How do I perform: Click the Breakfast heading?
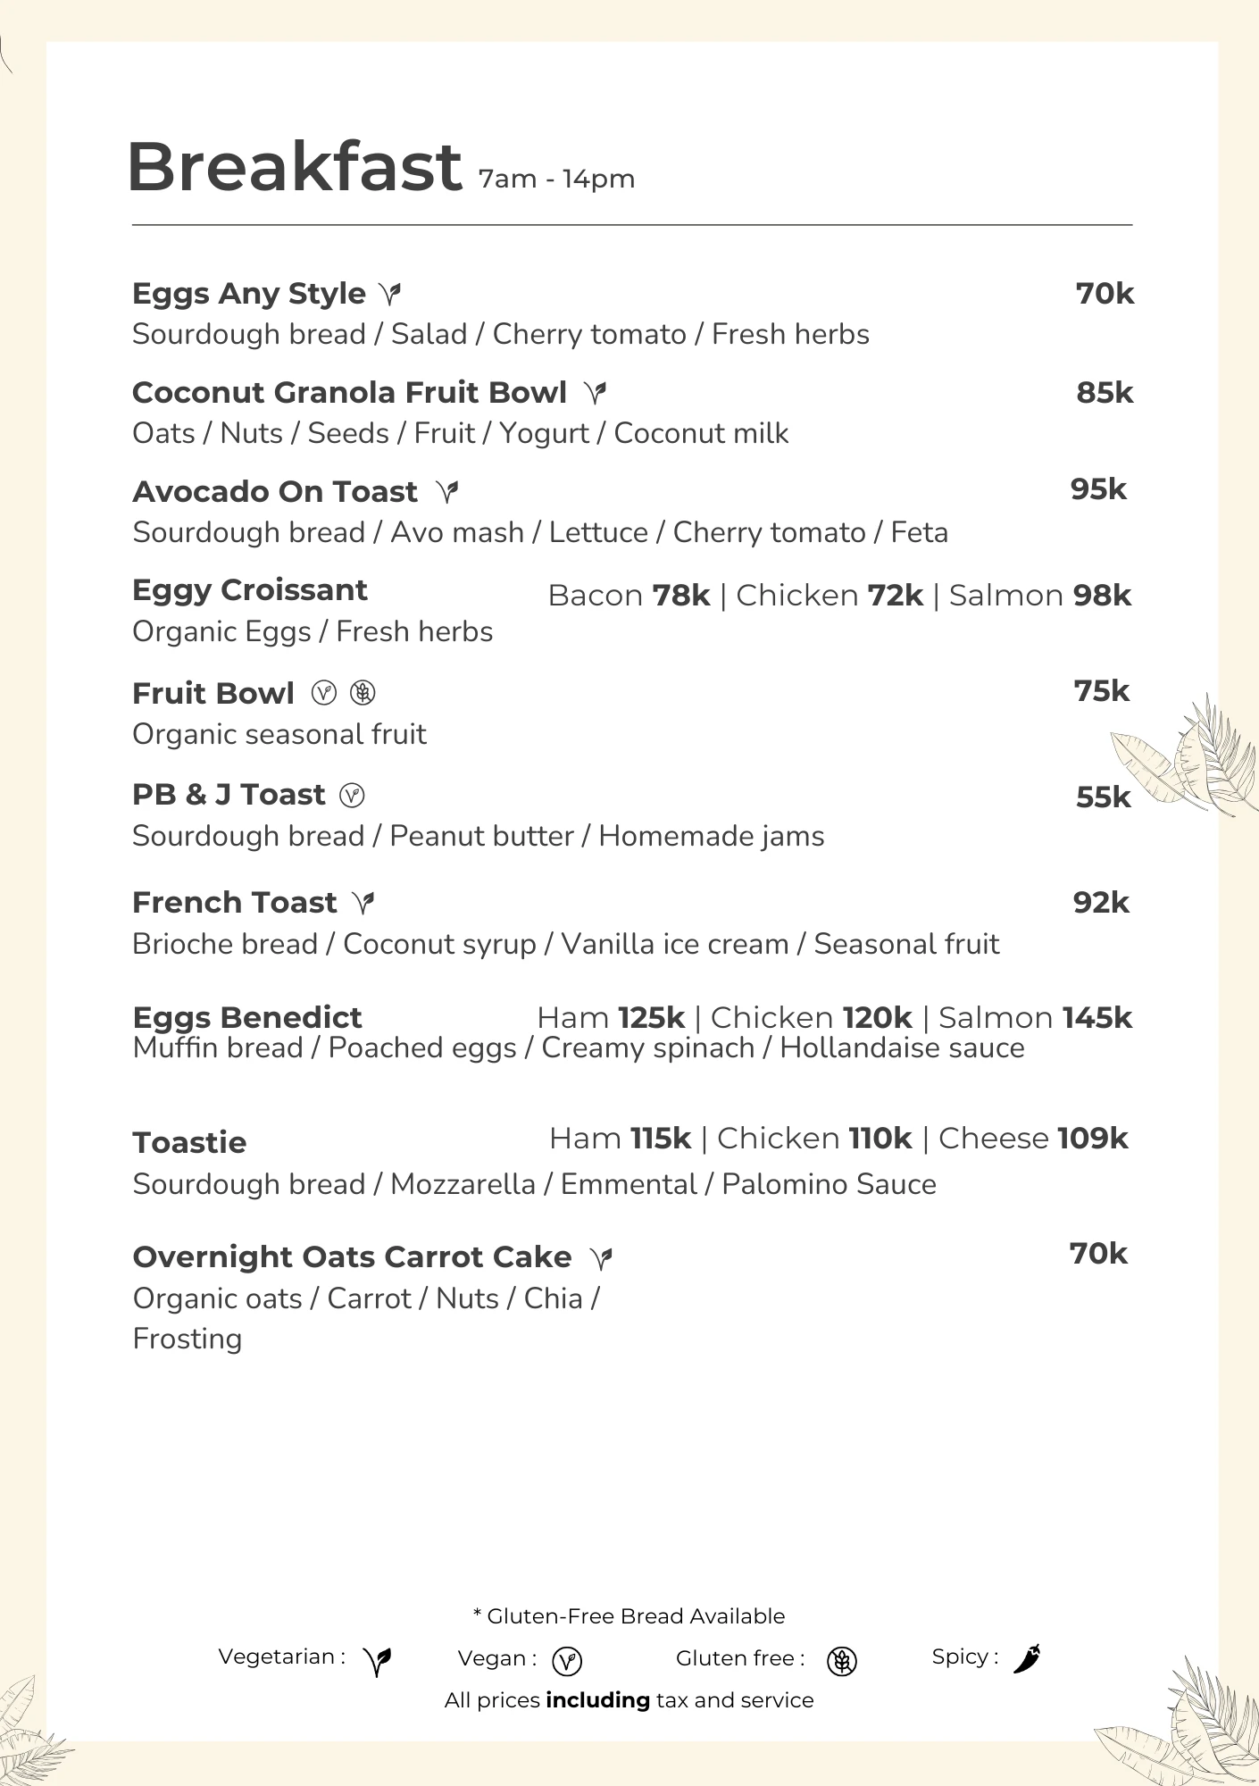(x=294, y=167)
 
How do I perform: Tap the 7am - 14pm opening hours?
(x=556, y=179)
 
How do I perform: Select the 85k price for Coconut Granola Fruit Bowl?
(x=1105, y=393)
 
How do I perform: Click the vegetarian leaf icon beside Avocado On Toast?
(x=447, y=491)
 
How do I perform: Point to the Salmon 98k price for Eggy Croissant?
(x=1040, y=596)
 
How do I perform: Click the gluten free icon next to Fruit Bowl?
(x=363, y=693)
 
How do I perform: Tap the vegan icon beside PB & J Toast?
(x=353, y=795)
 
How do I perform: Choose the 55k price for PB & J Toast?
(x=1103, y=797)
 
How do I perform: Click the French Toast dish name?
(x=235, y=903)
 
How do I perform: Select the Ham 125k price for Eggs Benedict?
(x=611, y=1018)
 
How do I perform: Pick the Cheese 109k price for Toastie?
(x=1033, y=1139)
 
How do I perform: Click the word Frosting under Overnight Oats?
(x=188, y=1339)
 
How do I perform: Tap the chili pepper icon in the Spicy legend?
(x=1027, y=1658)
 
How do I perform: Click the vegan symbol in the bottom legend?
(x=567, y=1661)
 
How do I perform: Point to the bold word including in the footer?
(x=597, y=1700)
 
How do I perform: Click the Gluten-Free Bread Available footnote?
(x=629, y=1616)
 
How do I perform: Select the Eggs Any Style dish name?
(x=249, y=294)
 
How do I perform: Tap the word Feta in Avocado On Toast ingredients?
(x=920, y=532)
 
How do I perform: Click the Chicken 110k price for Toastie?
(x=814, y=1139)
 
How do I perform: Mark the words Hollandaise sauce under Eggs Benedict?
(x=902, y=1047)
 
